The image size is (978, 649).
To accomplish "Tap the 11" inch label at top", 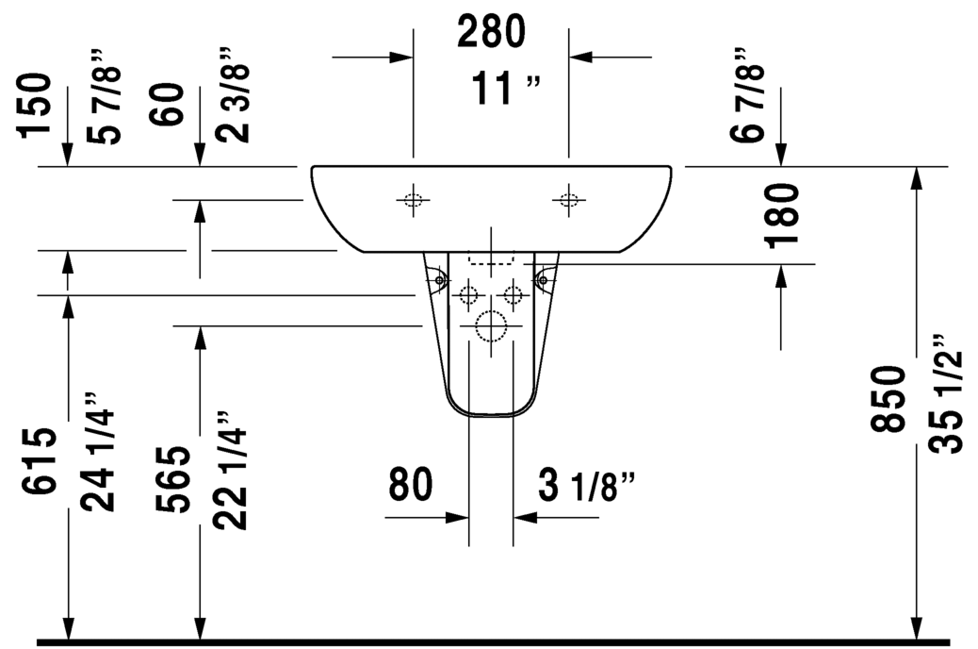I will pos(507,90).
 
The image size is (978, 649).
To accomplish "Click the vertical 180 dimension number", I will pos(783,215).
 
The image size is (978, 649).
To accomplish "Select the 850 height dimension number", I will pos(888,398).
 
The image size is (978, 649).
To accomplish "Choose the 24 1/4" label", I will pos(100,452).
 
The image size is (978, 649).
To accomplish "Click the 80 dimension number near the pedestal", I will pos(410,484).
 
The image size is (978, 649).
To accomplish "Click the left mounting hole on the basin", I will pos(413,199).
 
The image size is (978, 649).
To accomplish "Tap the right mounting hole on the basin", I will pos(568,199).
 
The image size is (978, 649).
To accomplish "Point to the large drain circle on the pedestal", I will pos(491,326).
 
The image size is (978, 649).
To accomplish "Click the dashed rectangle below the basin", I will pos(492,259).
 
